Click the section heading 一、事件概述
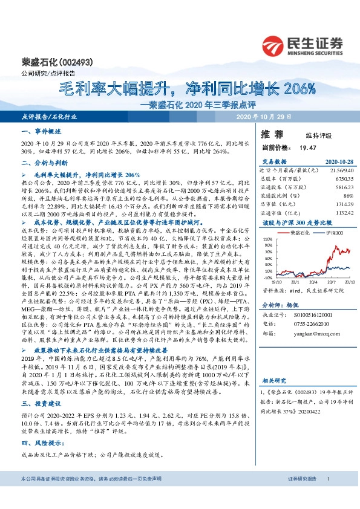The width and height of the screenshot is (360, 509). (x=41, y=131)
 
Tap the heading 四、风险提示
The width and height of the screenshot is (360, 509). (x=41, y=443)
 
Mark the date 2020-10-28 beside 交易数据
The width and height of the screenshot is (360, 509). (x=338, y=162)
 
